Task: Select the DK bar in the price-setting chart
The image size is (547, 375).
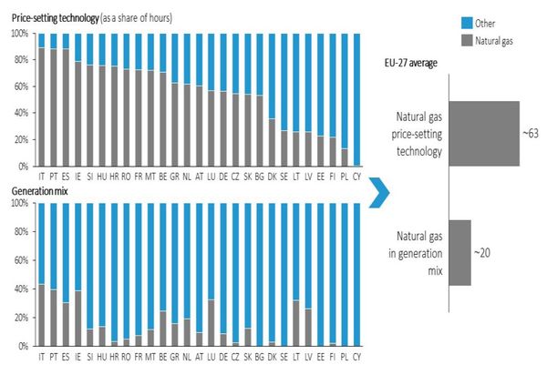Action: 271,100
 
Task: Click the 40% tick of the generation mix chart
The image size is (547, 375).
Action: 19,289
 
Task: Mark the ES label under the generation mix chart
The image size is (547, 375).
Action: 66,355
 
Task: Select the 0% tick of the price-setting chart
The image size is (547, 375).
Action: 23,167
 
